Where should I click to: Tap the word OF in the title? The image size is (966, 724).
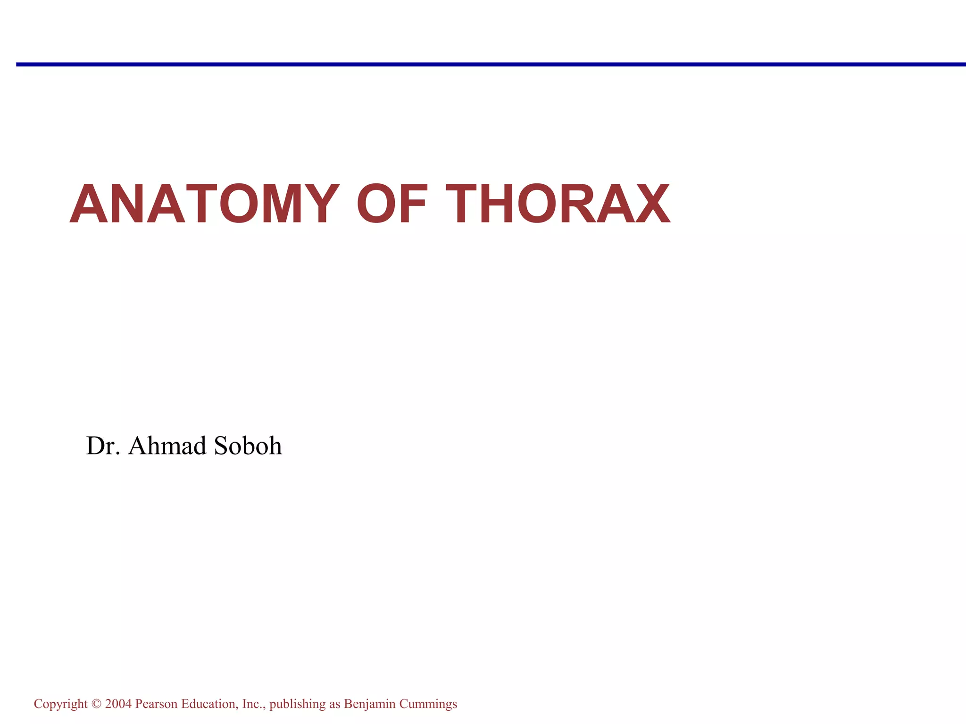(x=392, y=204)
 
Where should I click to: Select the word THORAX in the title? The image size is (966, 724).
(x=558, y=204)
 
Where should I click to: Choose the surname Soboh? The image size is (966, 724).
(x=248, y=445)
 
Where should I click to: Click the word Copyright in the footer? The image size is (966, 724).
(x=60, y=704)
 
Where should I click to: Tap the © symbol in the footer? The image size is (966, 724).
(x=96, y=704)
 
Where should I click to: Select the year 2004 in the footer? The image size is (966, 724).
(x=118, y=704)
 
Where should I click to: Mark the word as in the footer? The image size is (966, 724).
(x=334, y=704)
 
